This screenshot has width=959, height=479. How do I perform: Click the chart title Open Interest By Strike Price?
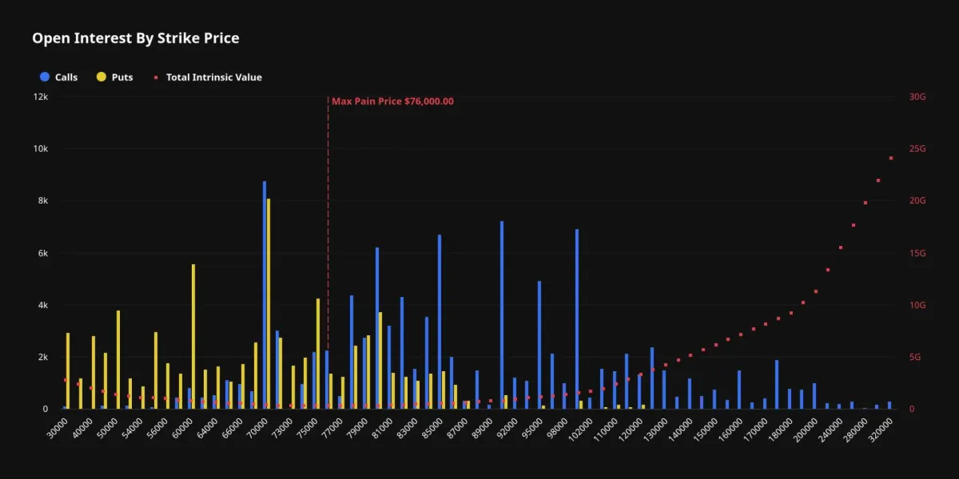point(136,38)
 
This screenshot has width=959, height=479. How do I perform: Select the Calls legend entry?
point(58,77)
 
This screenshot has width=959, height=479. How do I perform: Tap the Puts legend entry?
point(115,77)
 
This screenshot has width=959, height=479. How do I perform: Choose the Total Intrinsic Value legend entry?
point(208,77)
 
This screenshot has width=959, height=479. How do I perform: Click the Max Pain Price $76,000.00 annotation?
point(392,101)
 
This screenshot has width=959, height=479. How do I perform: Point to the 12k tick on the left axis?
point(41,97)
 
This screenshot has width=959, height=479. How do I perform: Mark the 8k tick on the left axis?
point(43,200)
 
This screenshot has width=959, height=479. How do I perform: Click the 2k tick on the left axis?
point(43,357)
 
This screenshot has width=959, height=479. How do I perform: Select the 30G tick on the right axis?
point(917,97)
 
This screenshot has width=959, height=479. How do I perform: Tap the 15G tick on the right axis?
point(917,253)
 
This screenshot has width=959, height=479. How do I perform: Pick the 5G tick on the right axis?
point(915,357)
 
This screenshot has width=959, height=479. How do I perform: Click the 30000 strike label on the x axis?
point(58,428)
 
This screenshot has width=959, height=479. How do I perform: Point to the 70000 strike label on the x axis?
point(257,428)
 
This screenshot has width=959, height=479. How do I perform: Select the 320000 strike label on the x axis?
point(881,430)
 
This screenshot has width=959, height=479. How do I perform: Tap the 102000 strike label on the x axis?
point(580,430)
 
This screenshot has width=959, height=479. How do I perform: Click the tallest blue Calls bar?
point(265,295)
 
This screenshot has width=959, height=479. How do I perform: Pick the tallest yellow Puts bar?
point(269,303)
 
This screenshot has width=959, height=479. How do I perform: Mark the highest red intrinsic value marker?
point(891,158)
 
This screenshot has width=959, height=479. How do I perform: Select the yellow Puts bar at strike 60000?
point(193,337)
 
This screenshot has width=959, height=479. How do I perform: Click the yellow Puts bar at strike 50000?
point(118,360)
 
